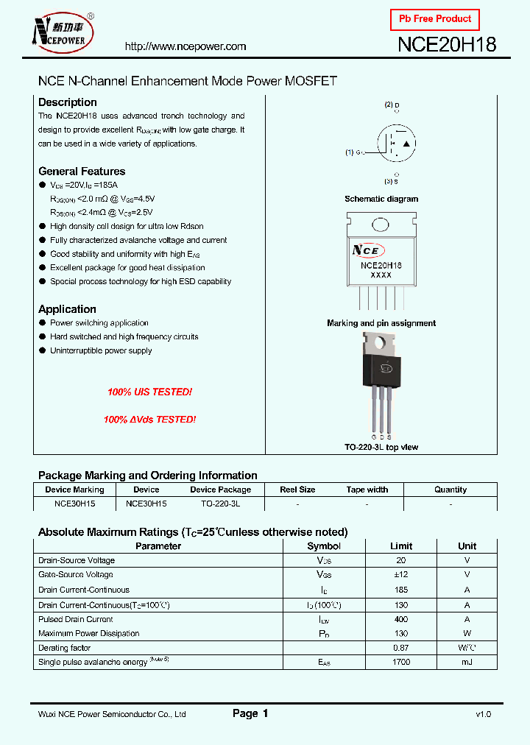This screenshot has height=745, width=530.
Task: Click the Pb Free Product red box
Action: (434, 19)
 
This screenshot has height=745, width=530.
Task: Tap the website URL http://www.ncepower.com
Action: (185, 46)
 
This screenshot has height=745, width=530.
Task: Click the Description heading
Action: (67, 102)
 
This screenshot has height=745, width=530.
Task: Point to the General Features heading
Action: (82, 171)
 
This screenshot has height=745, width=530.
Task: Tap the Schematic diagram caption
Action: (381, 199)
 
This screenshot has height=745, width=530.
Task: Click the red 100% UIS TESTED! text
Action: (149, 392)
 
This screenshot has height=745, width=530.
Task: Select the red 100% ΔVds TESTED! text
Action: (149, 419)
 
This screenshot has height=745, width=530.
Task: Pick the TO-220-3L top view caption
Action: (381, 447)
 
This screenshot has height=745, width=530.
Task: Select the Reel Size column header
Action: (297, 490)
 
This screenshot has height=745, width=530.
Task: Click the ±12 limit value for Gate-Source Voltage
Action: (401, 574)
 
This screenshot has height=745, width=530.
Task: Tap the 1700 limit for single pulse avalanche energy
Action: (401, 663)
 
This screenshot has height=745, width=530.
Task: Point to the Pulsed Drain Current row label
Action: (76, 619)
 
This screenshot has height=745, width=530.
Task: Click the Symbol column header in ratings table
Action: (323, 546)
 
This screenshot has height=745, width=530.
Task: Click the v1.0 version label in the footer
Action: (483, 714)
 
